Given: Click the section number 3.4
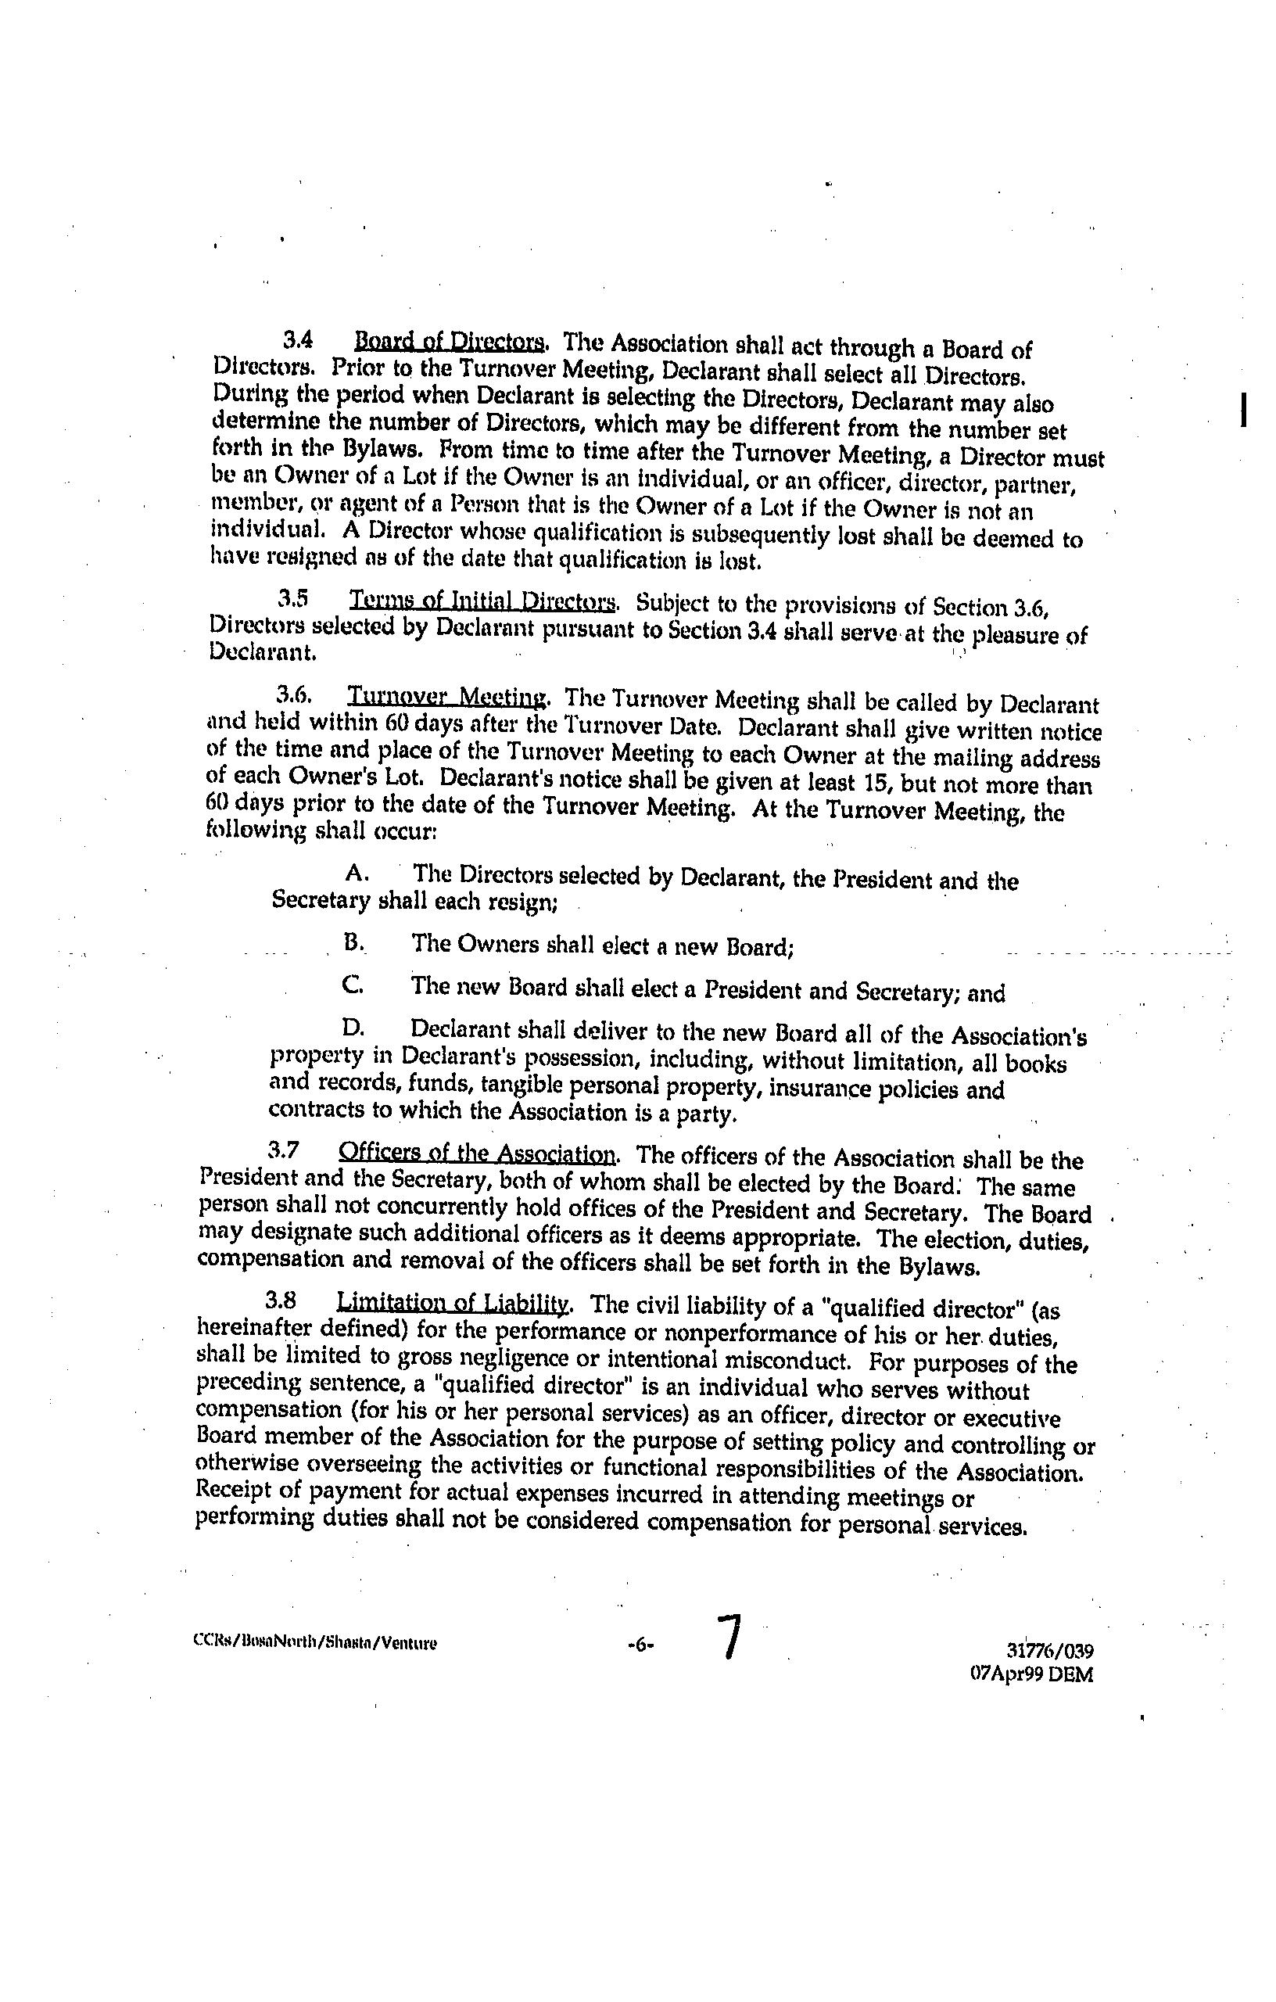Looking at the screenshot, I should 297,339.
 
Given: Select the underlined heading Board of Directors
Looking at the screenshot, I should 450,342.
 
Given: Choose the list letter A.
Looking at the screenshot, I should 357,872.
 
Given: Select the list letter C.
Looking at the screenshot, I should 352,985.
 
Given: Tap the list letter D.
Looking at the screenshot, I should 353,1028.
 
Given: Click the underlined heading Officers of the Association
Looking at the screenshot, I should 477,1154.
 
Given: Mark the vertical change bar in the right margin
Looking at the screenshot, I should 1242,410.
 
